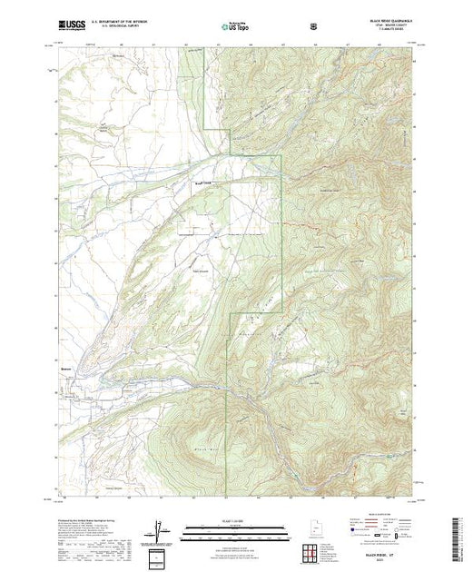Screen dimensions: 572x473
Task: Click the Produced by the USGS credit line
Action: [82, 517]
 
